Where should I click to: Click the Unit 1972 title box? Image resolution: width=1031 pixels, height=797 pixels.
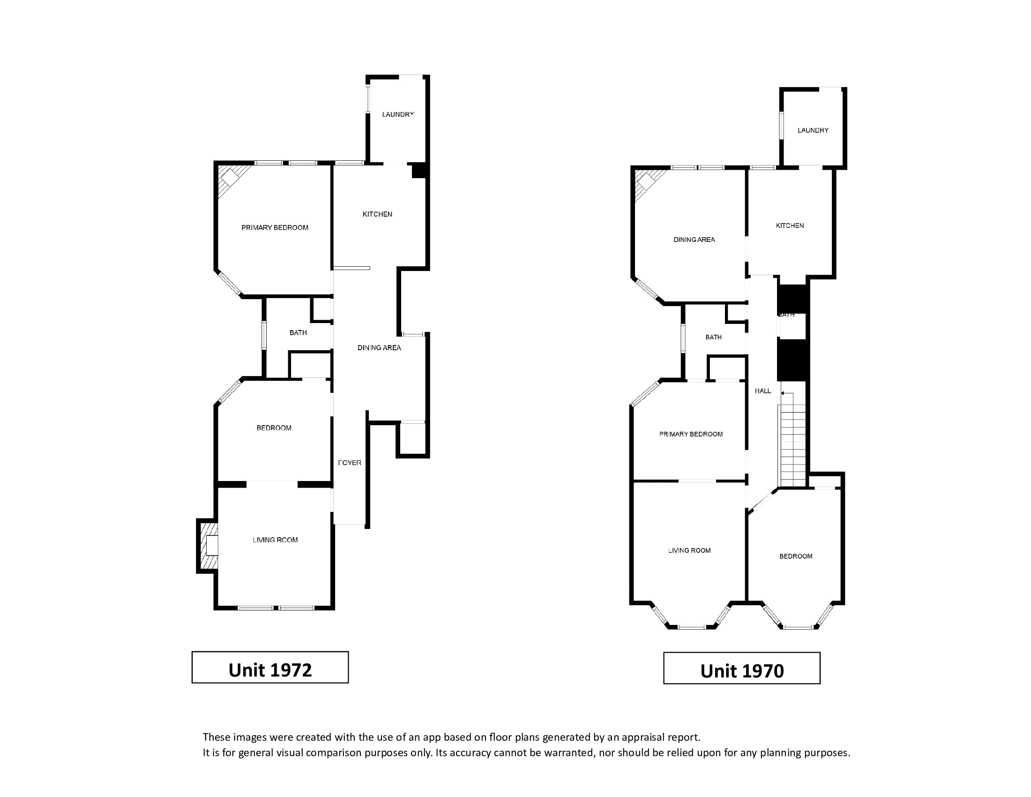click(270, 667)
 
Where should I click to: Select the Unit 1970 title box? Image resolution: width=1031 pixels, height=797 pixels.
click(742, 668)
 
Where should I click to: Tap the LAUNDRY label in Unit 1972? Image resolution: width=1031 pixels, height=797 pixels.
click(398, 114)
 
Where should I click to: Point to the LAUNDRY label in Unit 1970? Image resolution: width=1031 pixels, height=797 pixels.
click(813, 130)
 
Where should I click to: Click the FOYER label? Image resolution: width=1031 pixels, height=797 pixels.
click(350, 463)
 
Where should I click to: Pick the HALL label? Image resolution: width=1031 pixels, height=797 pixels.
click(763, 391)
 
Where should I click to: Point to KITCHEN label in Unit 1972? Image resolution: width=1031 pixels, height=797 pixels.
click(377, 214)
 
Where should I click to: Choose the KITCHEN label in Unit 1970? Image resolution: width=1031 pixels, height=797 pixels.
click(790, 226)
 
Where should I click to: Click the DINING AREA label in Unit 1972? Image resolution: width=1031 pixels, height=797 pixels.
click(379, 348)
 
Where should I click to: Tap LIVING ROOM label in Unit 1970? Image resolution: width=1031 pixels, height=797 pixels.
click(689, 550)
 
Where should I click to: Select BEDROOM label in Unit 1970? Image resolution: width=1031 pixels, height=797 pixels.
click(796, 556)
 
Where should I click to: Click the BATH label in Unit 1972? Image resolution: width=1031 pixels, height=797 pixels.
click(298, 333)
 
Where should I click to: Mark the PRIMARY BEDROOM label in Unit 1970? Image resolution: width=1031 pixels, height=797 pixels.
click(691, 435)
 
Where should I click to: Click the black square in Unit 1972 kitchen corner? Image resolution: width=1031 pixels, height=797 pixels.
click(419, 171)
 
